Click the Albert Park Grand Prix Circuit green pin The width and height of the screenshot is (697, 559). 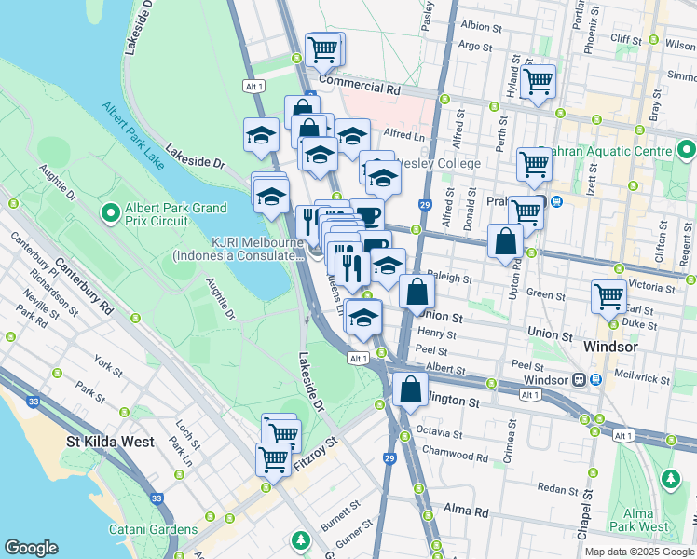[111, 214]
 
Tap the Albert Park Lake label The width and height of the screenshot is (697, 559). [133, 137]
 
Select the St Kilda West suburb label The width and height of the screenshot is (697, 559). [109, 442]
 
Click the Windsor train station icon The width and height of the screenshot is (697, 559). [580, 380]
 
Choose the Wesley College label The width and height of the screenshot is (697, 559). [439, 164]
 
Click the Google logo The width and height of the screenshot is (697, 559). [31, 548]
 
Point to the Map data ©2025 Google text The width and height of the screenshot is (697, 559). [639, 552]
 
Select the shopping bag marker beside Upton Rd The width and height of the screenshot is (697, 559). [504, 242]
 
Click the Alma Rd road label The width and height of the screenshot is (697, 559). [467, 511]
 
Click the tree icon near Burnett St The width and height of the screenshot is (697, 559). [300, 540]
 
